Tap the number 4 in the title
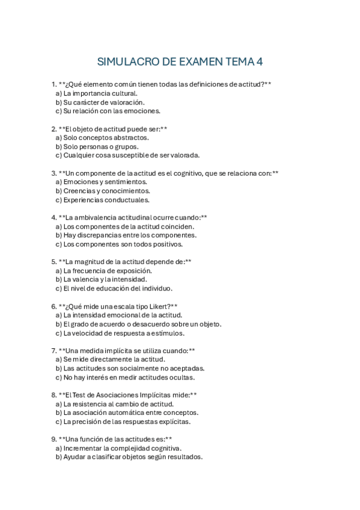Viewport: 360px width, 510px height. [x=260, y=62]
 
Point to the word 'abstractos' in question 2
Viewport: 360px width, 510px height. [x=129, y=138]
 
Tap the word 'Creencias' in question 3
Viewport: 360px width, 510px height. [x=79, y=191]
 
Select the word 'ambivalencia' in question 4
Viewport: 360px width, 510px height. [x=97, y=218]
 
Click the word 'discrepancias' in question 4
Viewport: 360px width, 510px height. [x=103, y=235]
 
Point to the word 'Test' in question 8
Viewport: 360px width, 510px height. [x=79, y=395]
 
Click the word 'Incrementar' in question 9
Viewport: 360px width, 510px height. [x=84, y=448]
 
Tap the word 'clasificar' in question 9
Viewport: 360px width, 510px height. [x=114, y=457]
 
